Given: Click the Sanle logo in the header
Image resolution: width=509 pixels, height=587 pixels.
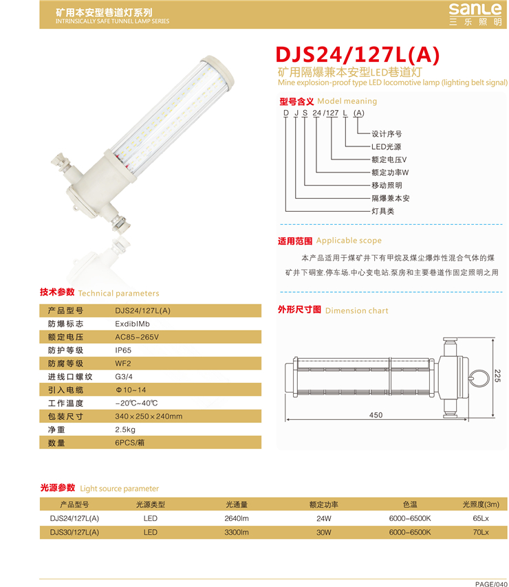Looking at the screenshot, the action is [475, 14].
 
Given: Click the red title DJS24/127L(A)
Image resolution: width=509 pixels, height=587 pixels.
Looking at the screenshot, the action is [357, 55].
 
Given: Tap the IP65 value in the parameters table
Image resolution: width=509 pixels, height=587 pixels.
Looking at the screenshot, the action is [123, 351].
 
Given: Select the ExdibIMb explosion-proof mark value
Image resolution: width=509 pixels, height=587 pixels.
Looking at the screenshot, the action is [132, 324].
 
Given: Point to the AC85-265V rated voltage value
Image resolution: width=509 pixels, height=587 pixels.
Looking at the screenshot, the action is [137, 337].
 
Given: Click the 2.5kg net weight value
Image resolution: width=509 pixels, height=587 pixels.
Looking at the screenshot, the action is [125, 430].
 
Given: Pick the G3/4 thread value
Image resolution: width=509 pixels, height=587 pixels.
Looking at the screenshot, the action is [124, 377].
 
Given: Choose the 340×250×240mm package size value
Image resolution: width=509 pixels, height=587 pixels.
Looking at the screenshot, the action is [149, 417].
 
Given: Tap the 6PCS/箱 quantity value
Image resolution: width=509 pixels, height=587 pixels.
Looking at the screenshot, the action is [129, 443].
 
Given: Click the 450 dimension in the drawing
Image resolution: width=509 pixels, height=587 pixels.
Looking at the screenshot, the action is [376, 414].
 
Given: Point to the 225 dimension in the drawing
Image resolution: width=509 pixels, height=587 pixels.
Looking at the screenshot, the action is [497, 375].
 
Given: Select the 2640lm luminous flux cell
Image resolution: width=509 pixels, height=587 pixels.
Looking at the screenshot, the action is [237, 518].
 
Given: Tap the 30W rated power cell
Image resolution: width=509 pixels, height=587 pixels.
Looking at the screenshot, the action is [323, 532].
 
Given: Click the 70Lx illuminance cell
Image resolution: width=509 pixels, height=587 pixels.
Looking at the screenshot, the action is [481, 532].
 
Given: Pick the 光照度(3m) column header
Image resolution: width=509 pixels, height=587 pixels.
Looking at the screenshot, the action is [481, 505].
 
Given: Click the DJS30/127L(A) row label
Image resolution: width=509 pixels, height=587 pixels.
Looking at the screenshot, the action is [74, 532].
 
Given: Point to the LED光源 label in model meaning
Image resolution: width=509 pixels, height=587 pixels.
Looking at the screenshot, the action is [386, 147].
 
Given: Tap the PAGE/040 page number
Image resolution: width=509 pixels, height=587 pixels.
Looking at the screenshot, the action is [491, 584].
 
